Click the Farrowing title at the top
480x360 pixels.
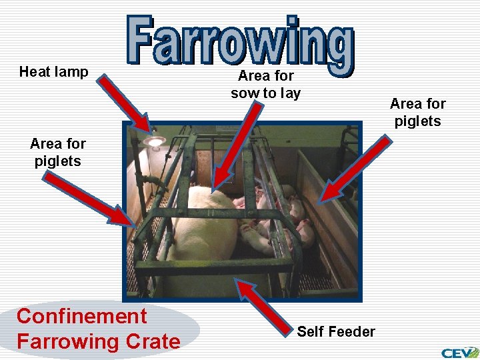click(x=240, y=42)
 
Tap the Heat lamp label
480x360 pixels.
click(x=54, y=72)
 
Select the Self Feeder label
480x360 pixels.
click(x=336, y=331)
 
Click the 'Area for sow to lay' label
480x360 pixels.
click(x=265, y=85)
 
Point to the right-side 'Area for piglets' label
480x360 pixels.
click(x=418, y=112)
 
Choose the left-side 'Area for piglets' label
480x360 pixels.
click(x=58, y=152)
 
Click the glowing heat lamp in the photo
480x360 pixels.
click(x=155, y=141)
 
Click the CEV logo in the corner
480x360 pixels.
click(x=459, y=351)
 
